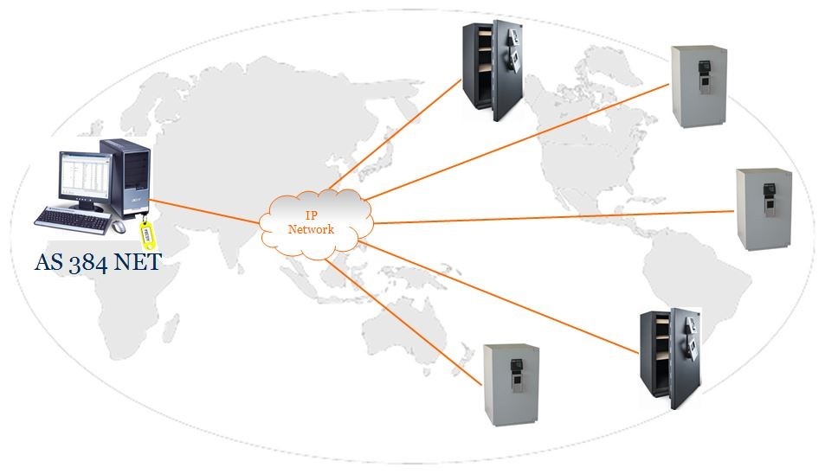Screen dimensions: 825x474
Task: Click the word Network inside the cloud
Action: tap(311, 229)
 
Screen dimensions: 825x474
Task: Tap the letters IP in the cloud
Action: tap(311, 215)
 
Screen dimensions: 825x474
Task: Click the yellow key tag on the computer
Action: tap(147, 235)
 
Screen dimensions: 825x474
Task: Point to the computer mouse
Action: tap(119, 226)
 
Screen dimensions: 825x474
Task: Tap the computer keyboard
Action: tap(73, 220)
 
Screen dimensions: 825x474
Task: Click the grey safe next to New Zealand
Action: tap(512, 385)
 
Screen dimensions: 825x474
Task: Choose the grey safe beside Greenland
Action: tap(699, 86)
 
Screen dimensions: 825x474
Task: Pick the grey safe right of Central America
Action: tap(764, 209)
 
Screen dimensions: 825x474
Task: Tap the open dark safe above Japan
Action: tap(493, 70)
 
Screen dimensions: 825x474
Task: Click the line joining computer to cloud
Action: tap(204, 211)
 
